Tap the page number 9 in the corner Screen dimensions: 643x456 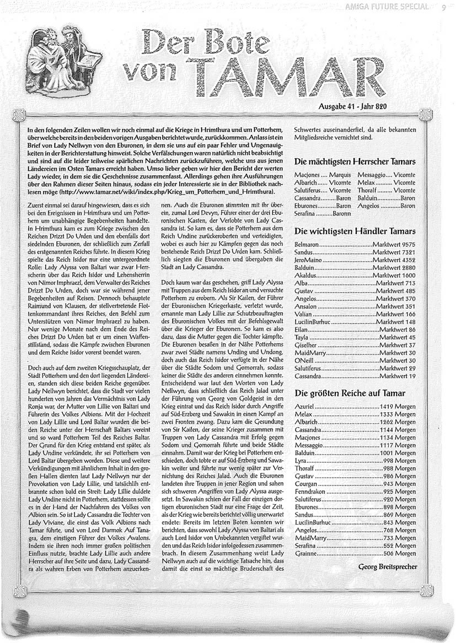[444, 7]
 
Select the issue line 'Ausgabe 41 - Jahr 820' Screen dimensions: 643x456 [357, 105]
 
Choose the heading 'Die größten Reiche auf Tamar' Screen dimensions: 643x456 [350, 393]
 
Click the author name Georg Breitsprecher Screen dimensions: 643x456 [388, 566]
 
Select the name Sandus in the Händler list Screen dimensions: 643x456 [304, 251]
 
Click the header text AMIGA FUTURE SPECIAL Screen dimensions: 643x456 [393, 7]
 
